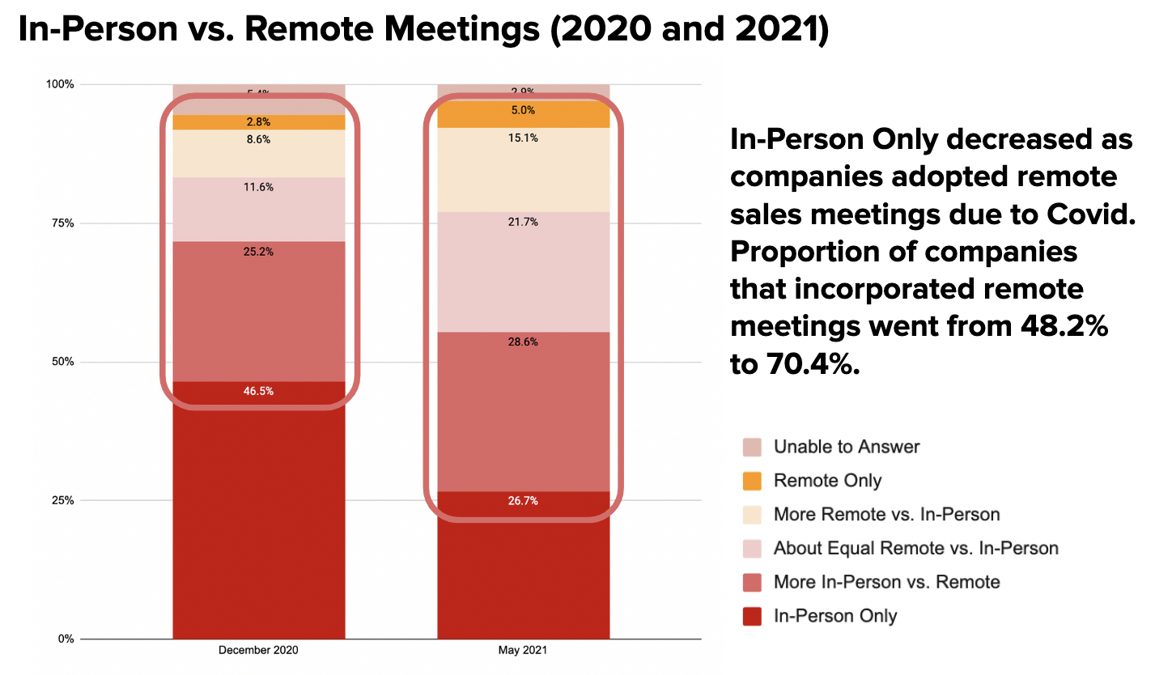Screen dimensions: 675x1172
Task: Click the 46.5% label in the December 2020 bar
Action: click(259, 391)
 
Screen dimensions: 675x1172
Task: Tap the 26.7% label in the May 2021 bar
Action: click(523, 501)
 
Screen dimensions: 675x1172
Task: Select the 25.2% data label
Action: click(259, 252)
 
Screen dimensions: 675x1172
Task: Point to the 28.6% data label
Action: click(523, 342)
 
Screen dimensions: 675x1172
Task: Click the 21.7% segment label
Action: click(523, 222)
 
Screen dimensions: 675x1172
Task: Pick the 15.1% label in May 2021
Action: click(523, 138)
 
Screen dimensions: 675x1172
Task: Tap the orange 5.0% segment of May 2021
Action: click(523, 111)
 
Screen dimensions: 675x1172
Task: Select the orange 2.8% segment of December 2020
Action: click(259, 122)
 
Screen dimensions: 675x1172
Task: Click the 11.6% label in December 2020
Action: click(259, 187)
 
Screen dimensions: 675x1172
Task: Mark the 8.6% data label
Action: click(259, 139)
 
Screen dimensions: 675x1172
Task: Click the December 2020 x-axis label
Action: click(259, 650)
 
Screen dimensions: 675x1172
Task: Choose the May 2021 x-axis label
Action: click(523, 650)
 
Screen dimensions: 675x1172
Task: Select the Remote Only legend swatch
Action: click(752, 481)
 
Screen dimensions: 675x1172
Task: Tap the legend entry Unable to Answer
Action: click(846, 447)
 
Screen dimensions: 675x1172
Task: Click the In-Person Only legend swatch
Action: click(752, 617)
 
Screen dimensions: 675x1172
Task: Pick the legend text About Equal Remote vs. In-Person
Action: click(915, 549)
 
